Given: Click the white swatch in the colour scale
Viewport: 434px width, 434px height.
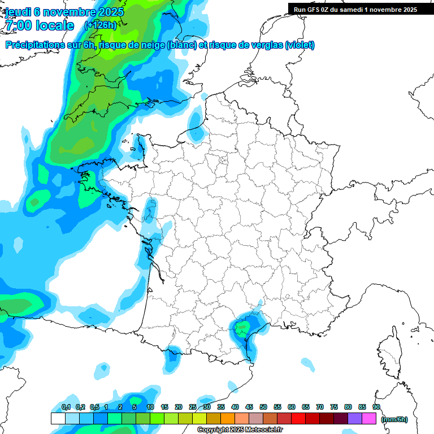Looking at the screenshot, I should pyautogui.click(x=58, y=418).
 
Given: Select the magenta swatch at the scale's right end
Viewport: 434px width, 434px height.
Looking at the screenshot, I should pyautogui.click(x=370, y=418).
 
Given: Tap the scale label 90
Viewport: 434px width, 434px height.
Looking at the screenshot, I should pyautogui.click(x=376, y=407).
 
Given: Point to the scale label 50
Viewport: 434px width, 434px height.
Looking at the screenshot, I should pyautogui.click(x=263, y=407).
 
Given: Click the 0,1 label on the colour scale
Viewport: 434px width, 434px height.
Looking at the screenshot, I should pyautogui.click(x=66, y=407).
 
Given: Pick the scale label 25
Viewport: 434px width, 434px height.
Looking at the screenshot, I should pyautogui.click(x=193, y=407).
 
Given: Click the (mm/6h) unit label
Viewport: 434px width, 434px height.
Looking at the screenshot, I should pyautogui.click(x=394, y=419).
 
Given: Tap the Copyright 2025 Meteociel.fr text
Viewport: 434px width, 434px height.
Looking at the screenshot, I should pyautogui.click(x=240, y=430).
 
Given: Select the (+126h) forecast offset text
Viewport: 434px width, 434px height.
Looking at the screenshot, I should pyautogui.click(x=100, y=25).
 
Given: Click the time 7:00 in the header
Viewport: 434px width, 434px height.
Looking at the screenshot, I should pyautogui.click(x=21, y=25).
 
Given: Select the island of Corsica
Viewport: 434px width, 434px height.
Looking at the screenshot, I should pyautogui.click(x=389, y=350).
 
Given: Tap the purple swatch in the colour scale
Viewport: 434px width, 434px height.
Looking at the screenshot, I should pyautogui.click(x=355, y=418).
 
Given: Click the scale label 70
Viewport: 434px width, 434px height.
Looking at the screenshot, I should pyautogui.click(x=320, y=407).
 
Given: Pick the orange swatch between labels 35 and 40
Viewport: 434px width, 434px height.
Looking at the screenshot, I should pyautogui.click(x=228, y=418).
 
